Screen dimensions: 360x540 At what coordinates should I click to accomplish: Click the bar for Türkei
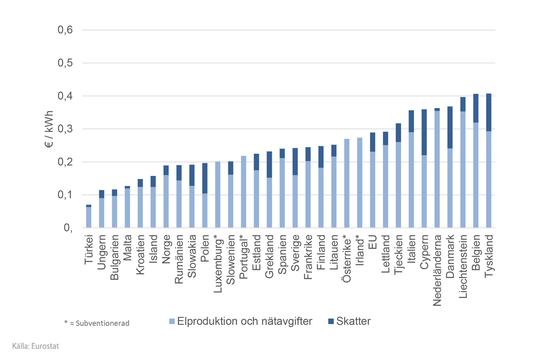tap(89, 217)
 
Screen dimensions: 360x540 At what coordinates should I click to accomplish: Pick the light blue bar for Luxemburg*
tap(218, 194)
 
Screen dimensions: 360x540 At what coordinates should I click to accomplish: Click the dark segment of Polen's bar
tap(205, 178)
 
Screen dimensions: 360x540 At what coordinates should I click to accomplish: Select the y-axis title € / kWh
tap(49, 129)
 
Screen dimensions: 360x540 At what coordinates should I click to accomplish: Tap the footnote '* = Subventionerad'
tap(97, 323)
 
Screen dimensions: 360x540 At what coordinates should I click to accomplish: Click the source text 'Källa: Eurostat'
tap(36, 346)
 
